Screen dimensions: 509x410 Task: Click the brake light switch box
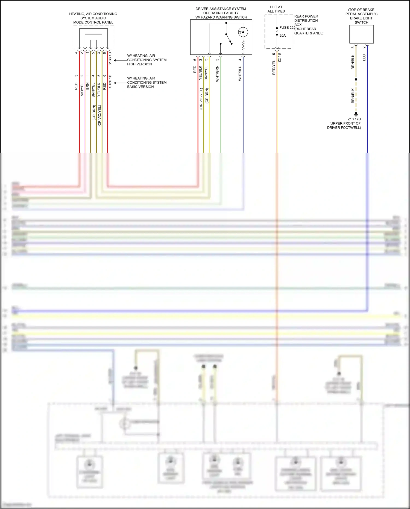(x=361, y=34)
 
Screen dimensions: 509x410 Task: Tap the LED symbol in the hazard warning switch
(x=243, y=32)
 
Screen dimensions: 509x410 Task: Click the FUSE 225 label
(x=287, y=28)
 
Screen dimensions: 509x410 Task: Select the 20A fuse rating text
(x=283, y=36)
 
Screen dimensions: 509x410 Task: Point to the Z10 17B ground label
(x=354, y=119)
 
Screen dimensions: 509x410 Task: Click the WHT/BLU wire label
(x=240, y=73)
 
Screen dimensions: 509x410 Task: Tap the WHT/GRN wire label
(x=218, y=74)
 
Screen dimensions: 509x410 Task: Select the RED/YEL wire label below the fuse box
(x=274, y=68)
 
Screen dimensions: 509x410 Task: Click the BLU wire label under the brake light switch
(x=364, y=58)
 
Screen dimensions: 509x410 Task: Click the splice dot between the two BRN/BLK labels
(x=356, y=79)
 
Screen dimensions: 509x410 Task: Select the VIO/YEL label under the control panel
(x=82, y=89)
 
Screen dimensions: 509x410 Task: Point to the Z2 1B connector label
(x=279, y=58)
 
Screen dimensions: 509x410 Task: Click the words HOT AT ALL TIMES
(x=276, y=9)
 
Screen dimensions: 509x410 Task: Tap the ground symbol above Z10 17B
(x=356, y=114)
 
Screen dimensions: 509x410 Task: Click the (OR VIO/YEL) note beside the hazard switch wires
(x=201, y=99)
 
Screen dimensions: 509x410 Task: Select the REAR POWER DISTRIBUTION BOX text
(x=306, y=21)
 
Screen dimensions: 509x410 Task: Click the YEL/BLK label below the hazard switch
(x=200, y=73)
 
